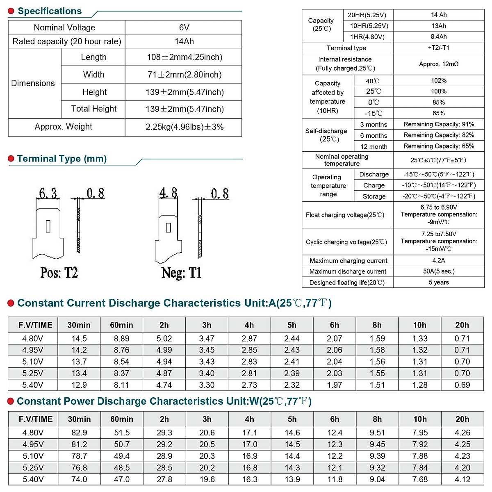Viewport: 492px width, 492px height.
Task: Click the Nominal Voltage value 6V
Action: click(x=184, y=27)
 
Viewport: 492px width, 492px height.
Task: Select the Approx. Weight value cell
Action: click(x=184, y=127)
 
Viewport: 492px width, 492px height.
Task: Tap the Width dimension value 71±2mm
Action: click(x=184, y=75)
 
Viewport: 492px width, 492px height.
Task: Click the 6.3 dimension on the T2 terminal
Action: click(x=48, y=193)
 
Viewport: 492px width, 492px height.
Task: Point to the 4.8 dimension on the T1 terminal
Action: click(x=168, y=193)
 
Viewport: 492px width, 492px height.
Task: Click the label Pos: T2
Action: click(x=59, y=273)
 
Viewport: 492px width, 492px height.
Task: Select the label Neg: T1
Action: click(x=182, y=273)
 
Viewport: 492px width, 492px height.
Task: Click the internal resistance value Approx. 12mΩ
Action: click(x=439, y=64)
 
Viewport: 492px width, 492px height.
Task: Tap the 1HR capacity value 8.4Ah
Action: click(x=439, y=36)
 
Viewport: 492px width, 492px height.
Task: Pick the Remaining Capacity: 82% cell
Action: click(x=439, y=135)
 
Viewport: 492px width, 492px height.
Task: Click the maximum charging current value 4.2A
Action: click(x=439, y=260)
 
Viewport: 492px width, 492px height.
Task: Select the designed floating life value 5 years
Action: click(x=439, y=282)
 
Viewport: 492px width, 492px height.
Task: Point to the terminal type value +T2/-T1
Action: click(x=439, y=48)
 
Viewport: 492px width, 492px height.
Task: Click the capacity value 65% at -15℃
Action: click(x=439, y=113)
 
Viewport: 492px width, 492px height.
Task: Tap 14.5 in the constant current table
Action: click(x=79, y=339)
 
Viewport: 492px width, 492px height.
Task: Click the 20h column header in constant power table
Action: click(x=462, y=419)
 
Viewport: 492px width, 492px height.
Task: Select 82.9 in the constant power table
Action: click(x=79, y=433)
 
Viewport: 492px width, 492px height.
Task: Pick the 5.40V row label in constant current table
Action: click(x=33, y=385)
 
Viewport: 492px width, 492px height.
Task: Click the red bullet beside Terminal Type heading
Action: click(x=11, y=159)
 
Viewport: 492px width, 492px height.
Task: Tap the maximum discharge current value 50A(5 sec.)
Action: click(x=439, y=271)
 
